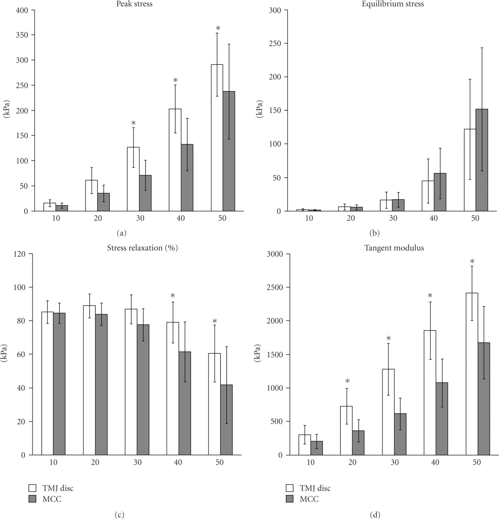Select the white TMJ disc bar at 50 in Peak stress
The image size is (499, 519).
tap(217, 138)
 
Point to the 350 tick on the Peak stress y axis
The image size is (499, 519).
tap(23, 35)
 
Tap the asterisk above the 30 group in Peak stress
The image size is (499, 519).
tap(133, 123)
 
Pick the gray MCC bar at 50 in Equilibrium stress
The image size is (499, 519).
tap(482, 160)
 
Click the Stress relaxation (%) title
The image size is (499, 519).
tap(142, 248)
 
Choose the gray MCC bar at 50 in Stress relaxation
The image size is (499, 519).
tap(226, 420)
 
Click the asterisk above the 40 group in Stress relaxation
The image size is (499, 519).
tap(173, 296)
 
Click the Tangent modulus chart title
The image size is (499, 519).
tap(394, 248)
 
